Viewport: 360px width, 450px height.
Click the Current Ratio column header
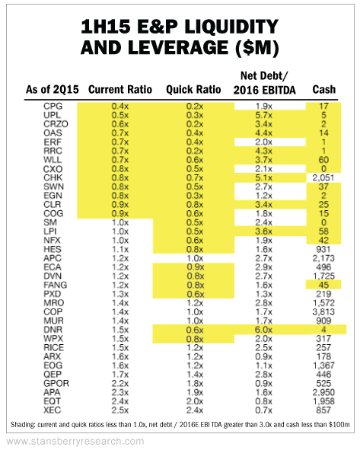(120, 90)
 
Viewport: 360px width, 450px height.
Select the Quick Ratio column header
(193, 90)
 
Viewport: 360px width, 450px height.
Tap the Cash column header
(324, 90)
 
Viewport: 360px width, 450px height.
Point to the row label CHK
(53, 177)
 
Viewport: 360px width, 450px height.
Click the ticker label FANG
(55, 285)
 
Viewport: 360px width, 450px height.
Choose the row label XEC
(52, 410)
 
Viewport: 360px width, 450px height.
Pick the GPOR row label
(56, 384)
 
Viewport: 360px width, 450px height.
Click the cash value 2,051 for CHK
(323, 178)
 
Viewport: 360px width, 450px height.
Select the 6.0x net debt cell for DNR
(263, 330)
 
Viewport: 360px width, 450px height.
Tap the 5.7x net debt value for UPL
(263, 115)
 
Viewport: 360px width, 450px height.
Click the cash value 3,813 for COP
(323, 312)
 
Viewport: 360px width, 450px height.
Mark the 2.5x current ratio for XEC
(120, 410)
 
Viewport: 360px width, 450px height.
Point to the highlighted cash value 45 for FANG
(323, 285)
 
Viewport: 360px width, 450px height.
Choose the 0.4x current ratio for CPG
(120, 106)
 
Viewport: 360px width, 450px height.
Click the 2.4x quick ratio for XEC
(195, 410)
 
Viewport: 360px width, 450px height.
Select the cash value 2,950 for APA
(323, 392)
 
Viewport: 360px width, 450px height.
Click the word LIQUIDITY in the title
(231, 27)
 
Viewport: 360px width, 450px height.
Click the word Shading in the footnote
(22, 424)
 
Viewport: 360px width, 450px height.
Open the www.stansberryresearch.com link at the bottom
(75, 441)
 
